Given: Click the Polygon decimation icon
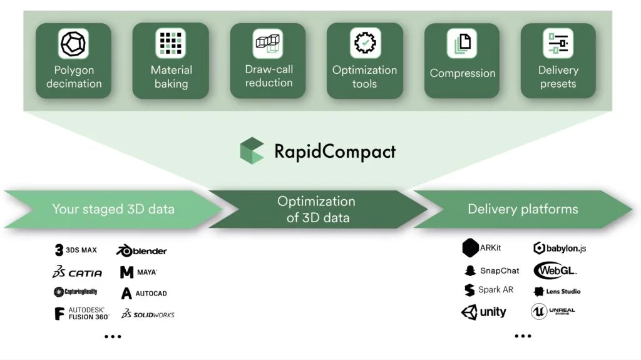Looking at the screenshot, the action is point(74,43).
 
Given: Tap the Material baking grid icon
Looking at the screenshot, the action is point(170,43).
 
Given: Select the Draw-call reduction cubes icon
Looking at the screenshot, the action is point(268,43).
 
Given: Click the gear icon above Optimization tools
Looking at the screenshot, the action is point(365,43).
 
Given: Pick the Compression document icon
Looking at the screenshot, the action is point(462,43).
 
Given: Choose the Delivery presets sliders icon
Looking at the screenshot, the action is point(558,43).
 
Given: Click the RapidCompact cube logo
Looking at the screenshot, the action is point(252,150).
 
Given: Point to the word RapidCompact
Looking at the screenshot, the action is point(335,152).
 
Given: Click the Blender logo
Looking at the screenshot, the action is point(141,250).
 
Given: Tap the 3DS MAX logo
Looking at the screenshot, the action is point(76,250).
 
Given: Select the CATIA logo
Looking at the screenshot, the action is point(77,272).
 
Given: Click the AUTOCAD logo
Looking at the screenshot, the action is point(144,293).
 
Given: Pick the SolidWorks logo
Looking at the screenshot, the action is point(148,314).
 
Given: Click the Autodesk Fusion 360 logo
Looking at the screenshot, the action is point(82,314).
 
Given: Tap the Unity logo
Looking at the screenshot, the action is point(484,312).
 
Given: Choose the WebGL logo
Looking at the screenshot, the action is point(555,270).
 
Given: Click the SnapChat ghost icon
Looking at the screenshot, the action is point(470,270).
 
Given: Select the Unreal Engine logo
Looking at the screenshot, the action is point(553,312).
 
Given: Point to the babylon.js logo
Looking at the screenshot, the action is point(560,248).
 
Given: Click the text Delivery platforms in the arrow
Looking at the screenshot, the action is point(523,209).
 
